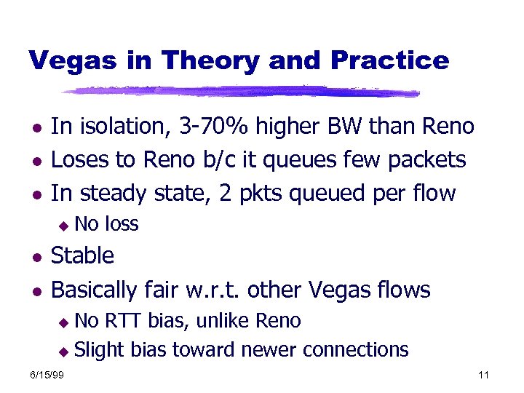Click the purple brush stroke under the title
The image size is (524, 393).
pyautogui.click(x=240, y=92)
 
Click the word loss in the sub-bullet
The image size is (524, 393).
pyautogui.click(x=122, y=224)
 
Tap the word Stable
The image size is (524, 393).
pyautogui.click(x=83, y=256)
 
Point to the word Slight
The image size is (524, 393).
pyautogui.click(x=100, y=349)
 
